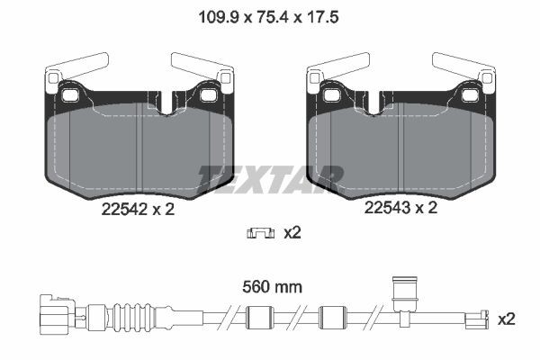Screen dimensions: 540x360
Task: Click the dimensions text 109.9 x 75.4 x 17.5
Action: click(268, 17)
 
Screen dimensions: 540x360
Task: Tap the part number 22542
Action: click(124, 209)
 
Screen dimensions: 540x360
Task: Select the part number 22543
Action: click(387, 208)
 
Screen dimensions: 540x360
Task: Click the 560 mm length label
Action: click(272, 287)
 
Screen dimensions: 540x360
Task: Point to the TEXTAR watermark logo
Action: click(271, 179)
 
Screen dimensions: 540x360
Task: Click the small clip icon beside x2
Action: click(261, 233)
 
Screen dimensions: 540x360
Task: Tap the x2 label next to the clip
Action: click(292, 233)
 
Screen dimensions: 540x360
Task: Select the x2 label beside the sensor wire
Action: click(507, 319)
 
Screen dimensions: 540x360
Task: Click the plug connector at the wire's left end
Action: click(58, 314)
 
